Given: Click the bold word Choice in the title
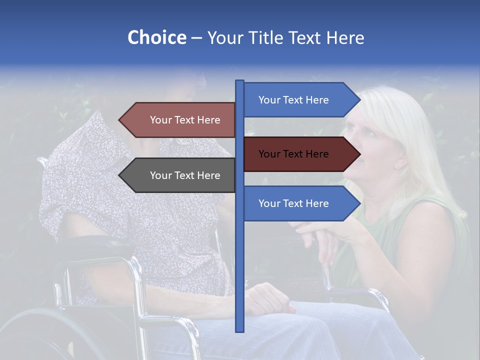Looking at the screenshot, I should click(x=156, y=37).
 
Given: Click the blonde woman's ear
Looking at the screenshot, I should click(x=400, y=162).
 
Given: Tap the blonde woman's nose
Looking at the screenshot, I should click(x=350, y=145).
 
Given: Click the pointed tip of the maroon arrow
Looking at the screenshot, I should click(x=359, y=154).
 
